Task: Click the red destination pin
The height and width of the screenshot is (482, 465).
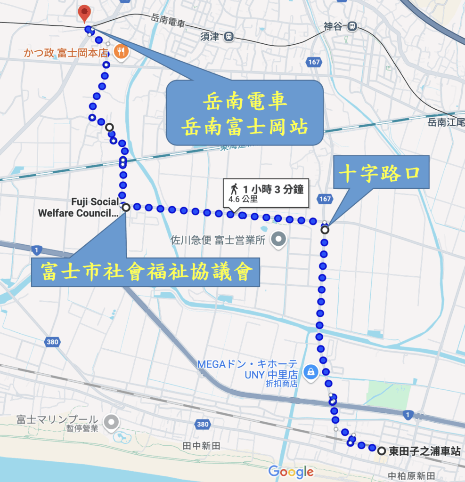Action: [84, 13]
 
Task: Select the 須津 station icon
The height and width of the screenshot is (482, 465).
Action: [229, 36]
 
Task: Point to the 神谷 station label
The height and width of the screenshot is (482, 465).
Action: [334, 27]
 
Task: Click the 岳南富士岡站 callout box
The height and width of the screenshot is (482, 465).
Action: [245, 112]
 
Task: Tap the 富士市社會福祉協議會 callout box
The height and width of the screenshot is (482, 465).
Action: [145, 272]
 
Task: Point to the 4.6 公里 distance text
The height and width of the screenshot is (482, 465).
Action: [243, 200]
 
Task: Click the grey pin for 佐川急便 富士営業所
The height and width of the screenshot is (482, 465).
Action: [280, 239]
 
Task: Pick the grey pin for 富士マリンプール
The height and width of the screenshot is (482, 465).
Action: [111, 422]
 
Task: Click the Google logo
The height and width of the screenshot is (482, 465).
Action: [291, 471]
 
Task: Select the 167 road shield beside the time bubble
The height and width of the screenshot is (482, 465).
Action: [325, 199]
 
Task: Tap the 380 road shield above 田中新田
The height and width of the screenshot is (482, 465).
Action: [203, 425]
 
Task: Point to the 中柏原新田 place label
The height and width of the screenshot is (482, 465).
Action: [411, 475]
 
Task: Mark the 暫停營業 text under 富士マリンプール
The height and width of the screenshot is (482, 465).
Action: [82, 429]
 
